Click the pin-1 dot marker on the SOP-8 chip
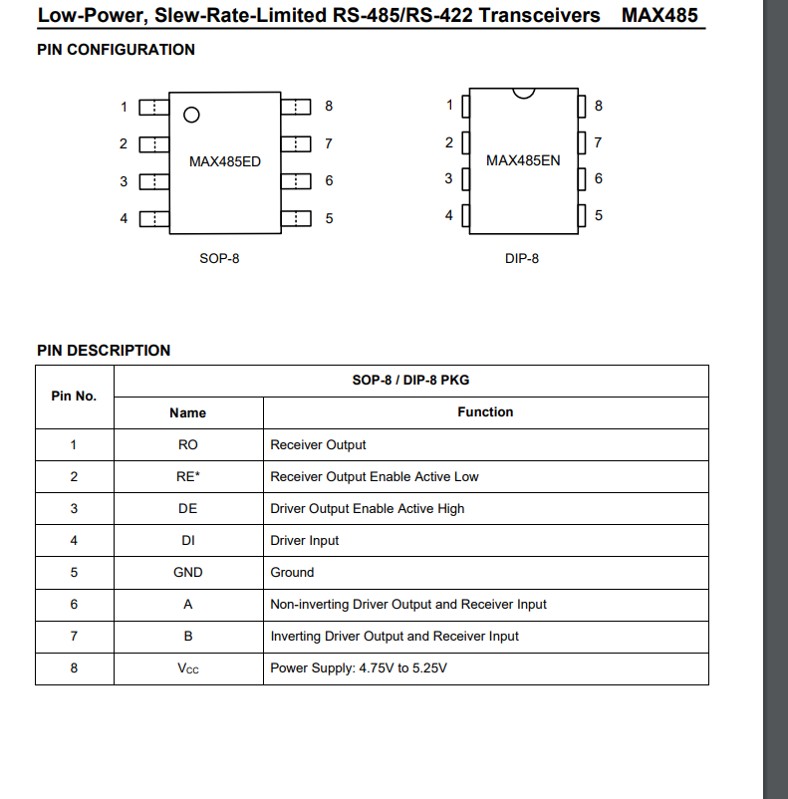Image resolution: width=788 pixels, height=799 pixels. coord(192,115)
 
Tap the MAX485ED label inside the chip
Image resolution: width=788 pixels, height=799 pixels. coord(225,161)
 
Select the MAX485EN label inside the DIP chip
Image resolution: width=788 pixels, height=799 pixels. coord(523,160)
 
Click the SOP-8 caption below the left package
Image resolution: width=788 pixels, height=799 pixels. coord(219,259)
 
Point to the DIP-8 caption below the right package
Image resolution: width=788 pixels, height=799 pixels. coord(522,259)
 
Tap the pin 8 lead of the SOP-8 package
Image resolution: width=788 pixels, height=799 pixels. coord(297,107)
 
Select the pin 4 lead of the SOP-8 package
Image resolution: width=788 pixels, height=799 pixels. coord(153,218)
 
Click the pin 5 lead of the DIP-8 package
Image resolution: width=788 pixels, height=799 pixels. coord(582,215)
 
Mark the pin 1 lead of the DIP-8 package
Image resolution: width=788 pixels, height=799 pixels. coord(464,106)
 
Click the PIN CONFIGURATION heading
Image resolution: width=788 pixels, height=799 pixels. coord(116,50)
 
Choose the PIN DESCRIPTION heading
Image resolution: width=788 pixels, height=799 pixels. coord(104,351)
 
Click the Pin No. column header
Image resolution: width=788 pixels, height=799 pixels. coord(74,397)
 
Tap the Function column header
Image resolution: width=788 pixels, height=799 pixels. coord(485,412)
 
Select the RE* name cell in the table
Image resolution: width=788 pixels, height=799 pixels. coord(187,477)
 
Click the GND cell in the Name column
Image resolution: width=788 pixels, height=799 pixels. coord(187,573)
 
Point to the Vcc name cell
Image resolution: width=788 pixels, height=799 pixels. coord(187,668)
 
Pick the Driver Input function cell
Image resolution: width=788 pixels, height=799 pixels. coord(305,541)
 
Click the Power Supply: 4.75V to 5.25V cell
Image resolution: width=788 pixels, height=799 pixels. coord(359,668)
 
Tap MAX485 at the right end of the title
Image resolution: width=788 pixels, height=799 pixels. coord(659,16)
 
